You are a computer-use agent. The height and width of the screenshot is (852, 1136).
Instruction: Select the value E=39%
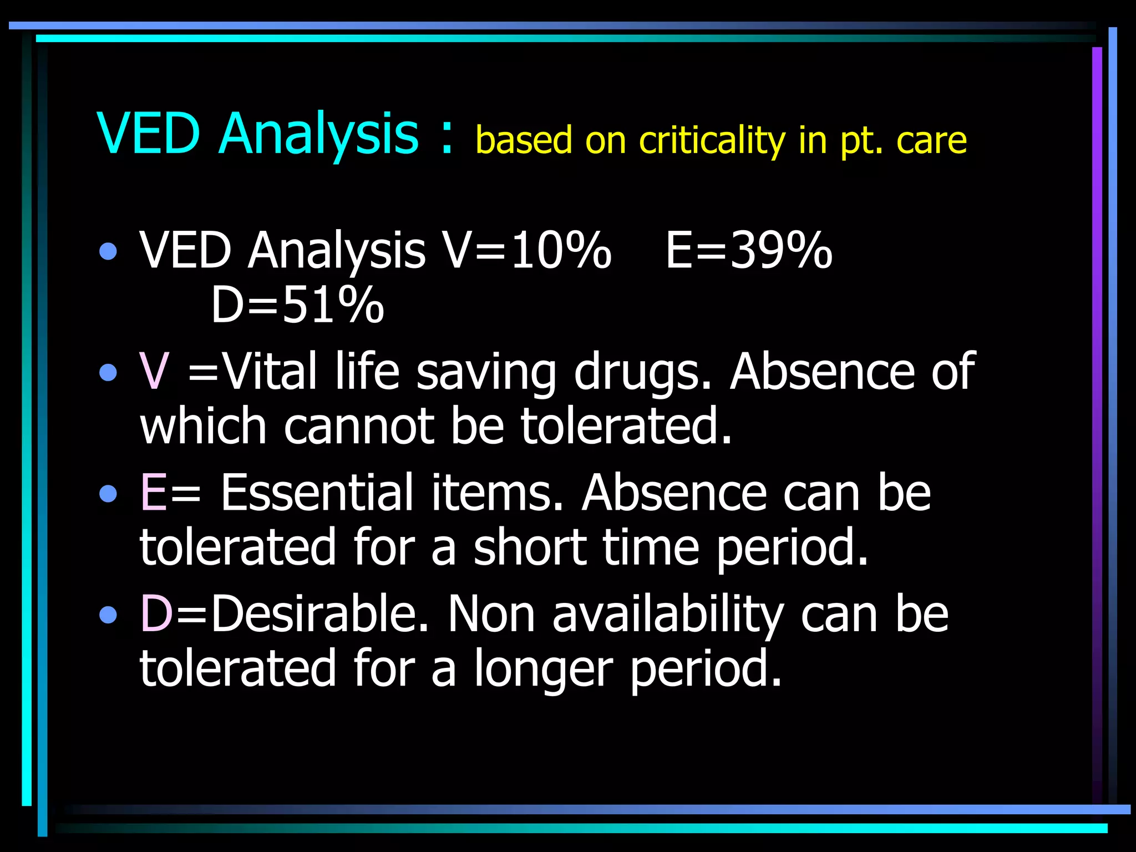click(749, 251)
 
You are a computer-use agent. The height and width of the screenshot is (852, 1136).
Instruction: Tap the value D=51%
click(297, 305)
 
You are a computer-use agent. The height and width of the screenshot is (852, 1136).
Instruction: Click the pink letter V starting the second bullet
click(154, 371)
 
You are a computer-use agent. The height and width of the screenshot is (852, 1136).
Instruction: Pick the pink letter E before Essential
click(153, 493)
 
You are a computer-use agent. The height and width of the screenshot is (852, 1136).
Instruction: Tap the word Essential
click(317, 493)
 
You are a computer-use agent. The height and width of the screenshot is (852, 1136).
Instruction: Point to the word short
click(529, 547)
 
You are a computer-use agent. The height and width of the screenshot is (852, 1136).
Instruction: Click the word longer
click(543, 669)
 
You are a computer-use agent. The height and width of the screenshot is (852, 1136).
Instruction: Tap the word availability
click(668, 615)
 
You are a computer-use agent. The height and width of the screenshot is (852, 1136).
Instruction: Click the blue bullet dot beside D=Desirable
click(109, 615)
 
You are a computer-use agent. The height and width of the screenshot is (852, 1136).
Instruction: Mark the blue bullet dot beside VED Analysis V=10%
click(109, 252)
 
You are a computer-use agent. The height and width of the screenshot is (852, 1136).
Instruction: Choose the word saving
click(486, 372)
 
